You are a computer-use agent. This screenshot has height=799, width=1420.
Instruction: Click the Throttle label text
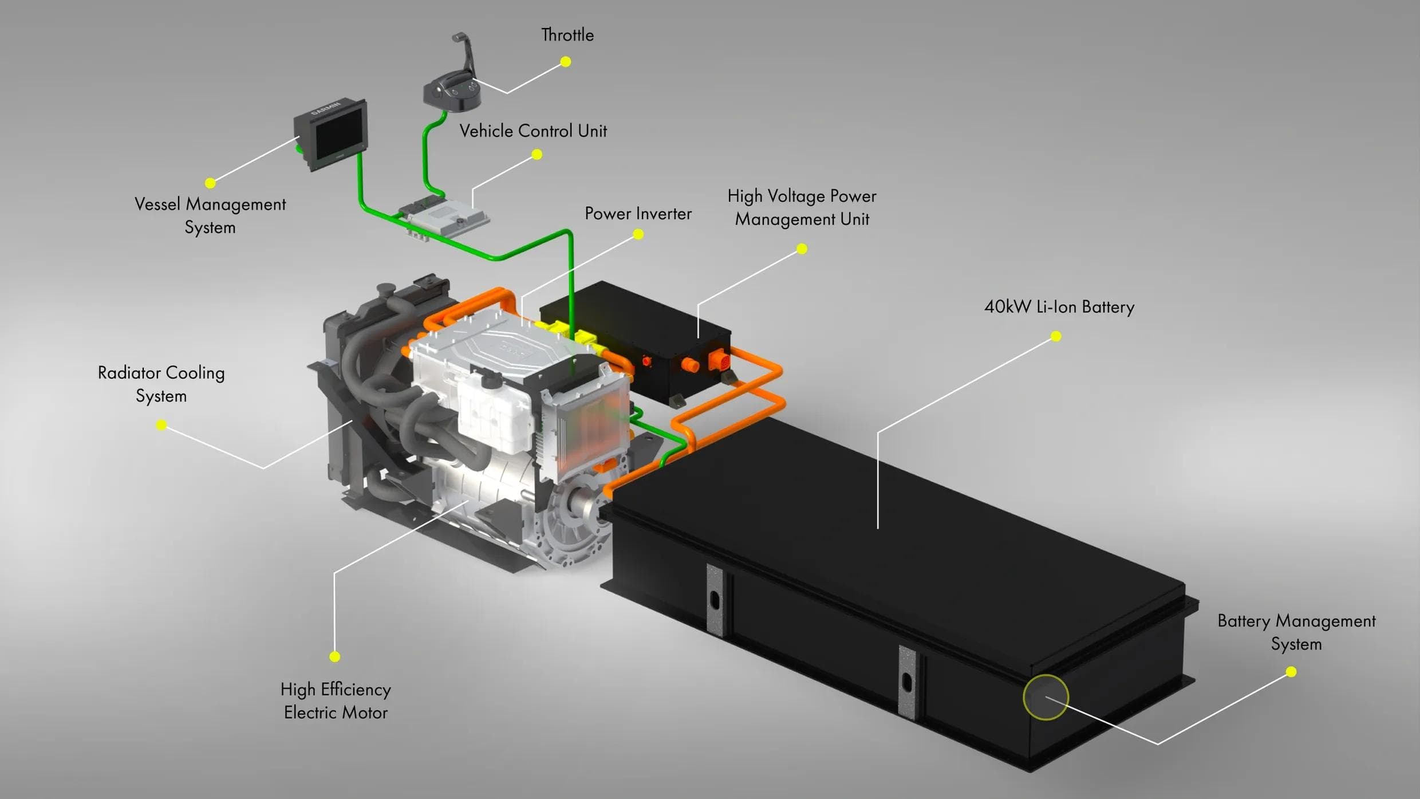tap(567, 36)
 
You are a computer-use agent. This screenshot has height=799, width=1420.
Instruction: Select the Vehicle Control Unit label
tap(533, 131)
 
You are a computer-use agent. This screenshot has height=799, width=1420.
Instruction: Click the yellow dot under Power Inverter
tap(638, 234)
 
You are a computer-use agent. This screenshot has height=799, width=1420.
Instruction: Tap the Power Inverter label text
tap(638, 214)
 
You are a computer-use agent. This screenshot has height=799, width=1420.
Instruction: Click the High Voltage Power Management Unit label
tap(802, 207)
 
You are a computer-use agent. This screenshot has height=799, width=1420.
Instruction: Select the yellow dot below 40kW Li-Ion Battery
tap(1056, 337)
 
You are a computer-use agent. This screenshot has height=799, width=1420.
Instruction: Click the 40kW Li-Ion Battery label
tap(1059, 307)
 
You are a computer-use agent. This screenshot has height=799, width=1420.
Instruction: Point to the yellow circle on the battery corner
tap(1046, 697)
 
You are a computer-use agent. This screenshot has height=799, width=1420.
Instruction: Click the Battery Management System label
tap(1296, 632)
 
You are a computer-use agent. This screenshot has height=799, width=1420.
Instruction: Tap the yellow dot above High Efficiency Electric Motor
tap(335, 656)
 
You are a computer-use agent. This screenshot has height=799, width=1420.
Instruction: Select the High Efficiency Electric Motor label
tap(336, 701)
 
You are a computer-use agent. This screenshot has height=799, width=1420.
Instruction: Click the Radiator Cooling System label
tap(161, 384)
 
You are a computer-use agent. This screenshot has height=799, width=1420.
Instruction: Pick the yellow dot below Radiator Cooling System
tap(161, 425)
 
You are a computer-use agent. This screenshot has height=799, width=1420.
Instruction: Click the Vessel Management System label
tap(210, 216)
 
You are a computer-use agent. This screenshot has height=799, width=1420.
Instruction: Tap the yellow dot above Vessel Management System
tap(210, 183)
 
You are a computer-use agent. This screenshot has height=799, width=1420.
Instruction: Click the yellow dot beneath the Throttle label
tap(566, 62)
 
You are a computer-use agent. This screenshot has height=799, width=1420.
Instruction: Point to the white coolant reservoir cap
tap(491, 379)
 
